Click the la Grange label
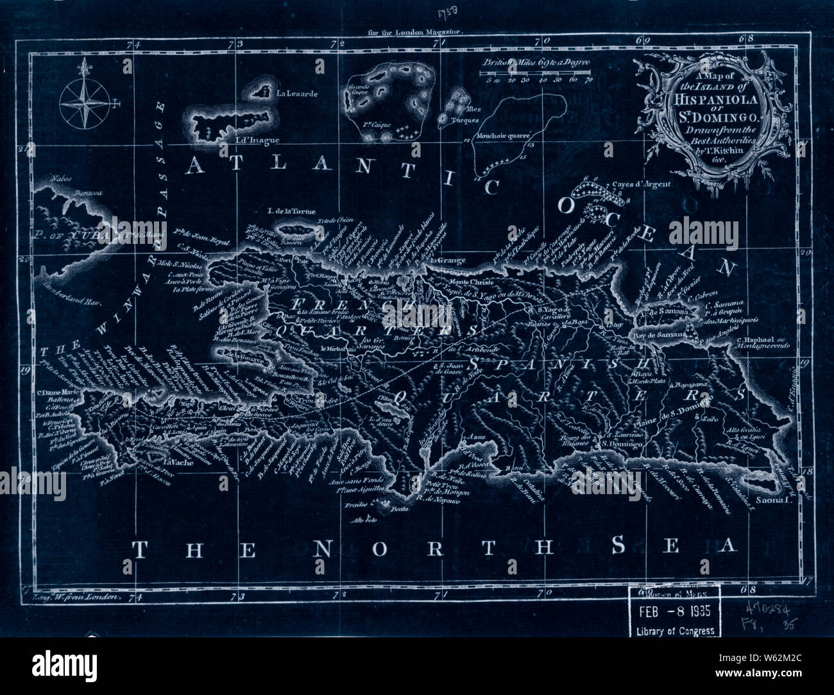(447, 260)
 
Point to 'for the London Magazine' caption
(416, 30)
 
